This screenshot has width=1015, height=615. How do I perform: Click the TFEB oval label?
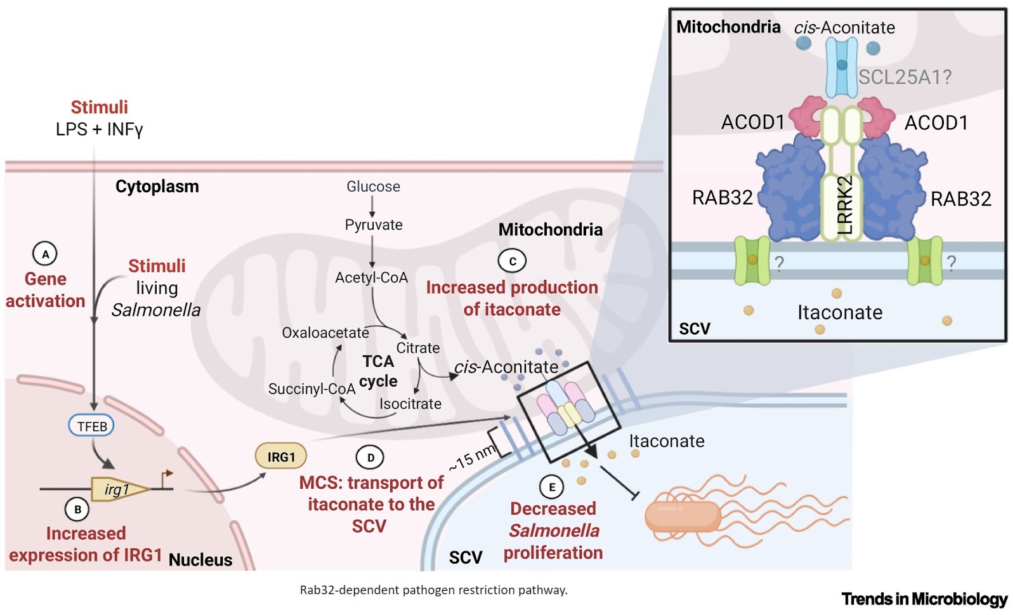(x=91, y=426)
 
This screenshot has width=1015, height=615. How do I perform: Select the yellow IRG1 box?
(x=281, y=456)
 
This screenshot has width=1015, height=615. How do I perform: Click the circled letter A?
(x=45, y=255)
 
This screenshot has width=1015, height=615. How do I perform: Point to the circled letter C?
(x=512, y=261)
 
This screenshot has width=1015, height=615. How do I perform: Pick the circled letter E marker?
(x=551, y=487)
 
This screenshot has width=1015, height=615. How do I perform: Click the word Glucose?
(x=373, y=187)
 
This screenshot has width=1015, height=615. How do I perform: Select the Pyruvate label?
(x=373, y=225)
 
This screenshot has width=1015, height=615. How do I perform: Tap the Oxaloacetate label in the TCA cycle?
(x=325, y=333)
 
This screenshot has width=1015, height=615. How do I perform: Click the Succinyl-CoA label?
(x=311, y=388)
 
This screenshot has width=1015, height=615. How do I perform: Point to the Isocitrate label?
(x=410, y=404)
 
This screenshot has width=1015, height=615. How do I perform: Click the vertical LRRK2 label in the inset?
(x=845, y=205)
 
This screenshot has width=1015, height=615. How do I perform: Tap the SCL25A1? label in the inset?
(x=905, y=77)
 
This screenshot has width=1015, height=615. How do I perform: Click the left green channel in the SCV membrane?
(x=752, y=260)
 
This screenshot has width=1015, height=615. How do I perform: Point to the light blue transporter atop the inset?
(x=841, y=66)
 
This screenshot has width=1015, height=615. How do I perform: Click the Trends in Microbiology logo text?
(x=924, y=598)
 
